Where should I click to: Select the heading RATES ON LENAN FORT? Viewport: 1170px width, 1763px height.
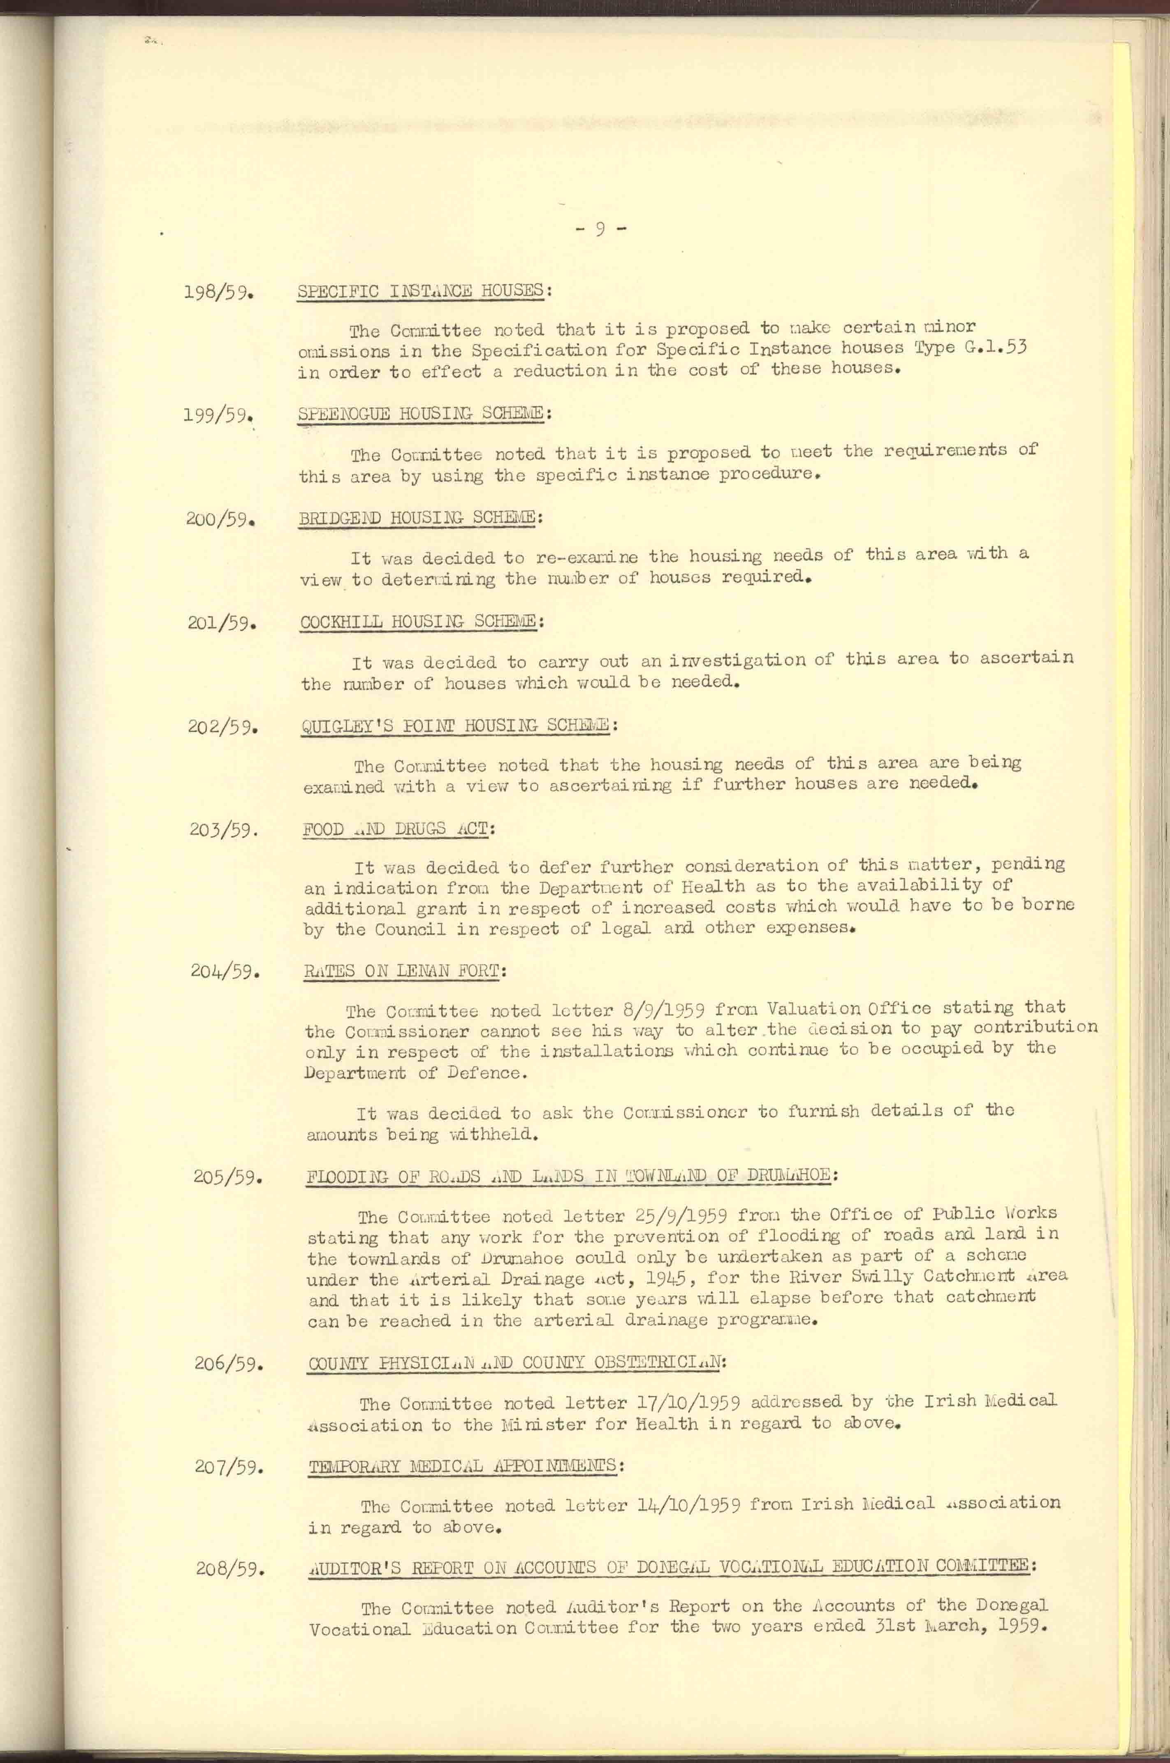405,971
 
